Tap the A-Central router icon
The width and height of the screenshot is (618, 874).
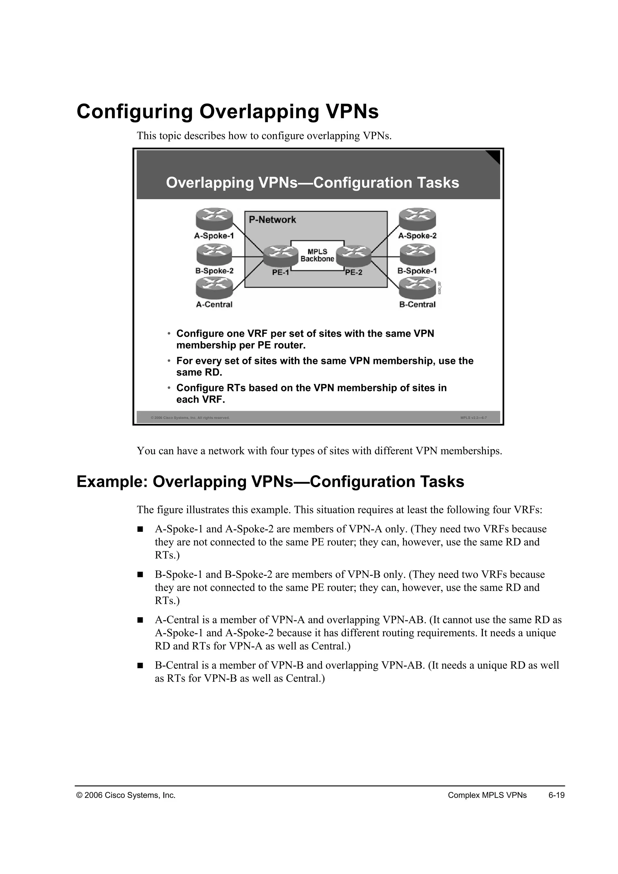click(214, 288)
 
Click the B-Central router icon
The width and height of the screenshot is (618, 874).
click(417, 288)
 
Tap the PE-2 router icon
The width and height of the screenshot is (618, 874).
click(354, 256)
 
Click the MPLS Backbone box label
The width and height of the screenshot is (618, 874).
click(317, 255)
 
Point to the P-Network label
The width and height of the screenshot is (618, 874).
click(272, 220)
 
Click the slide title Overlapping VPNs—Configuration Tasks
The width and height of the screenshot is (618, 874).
click(312, 183)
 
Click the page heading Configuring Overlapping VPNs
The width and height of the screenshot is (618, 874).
click(228, 112)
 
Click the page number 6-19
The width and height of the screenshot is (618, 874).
click(556, 795)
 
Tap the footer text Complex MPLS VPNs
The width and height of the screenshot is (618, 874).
click(487, 795)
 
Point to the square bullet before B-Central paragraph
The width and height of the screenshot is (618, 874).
click(140, 666)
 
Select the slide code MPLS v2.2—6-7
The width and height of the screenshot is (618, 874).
click(473, 418)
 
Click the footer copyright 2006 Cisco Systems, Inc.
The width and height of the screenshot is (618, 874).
click(126, 795)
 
